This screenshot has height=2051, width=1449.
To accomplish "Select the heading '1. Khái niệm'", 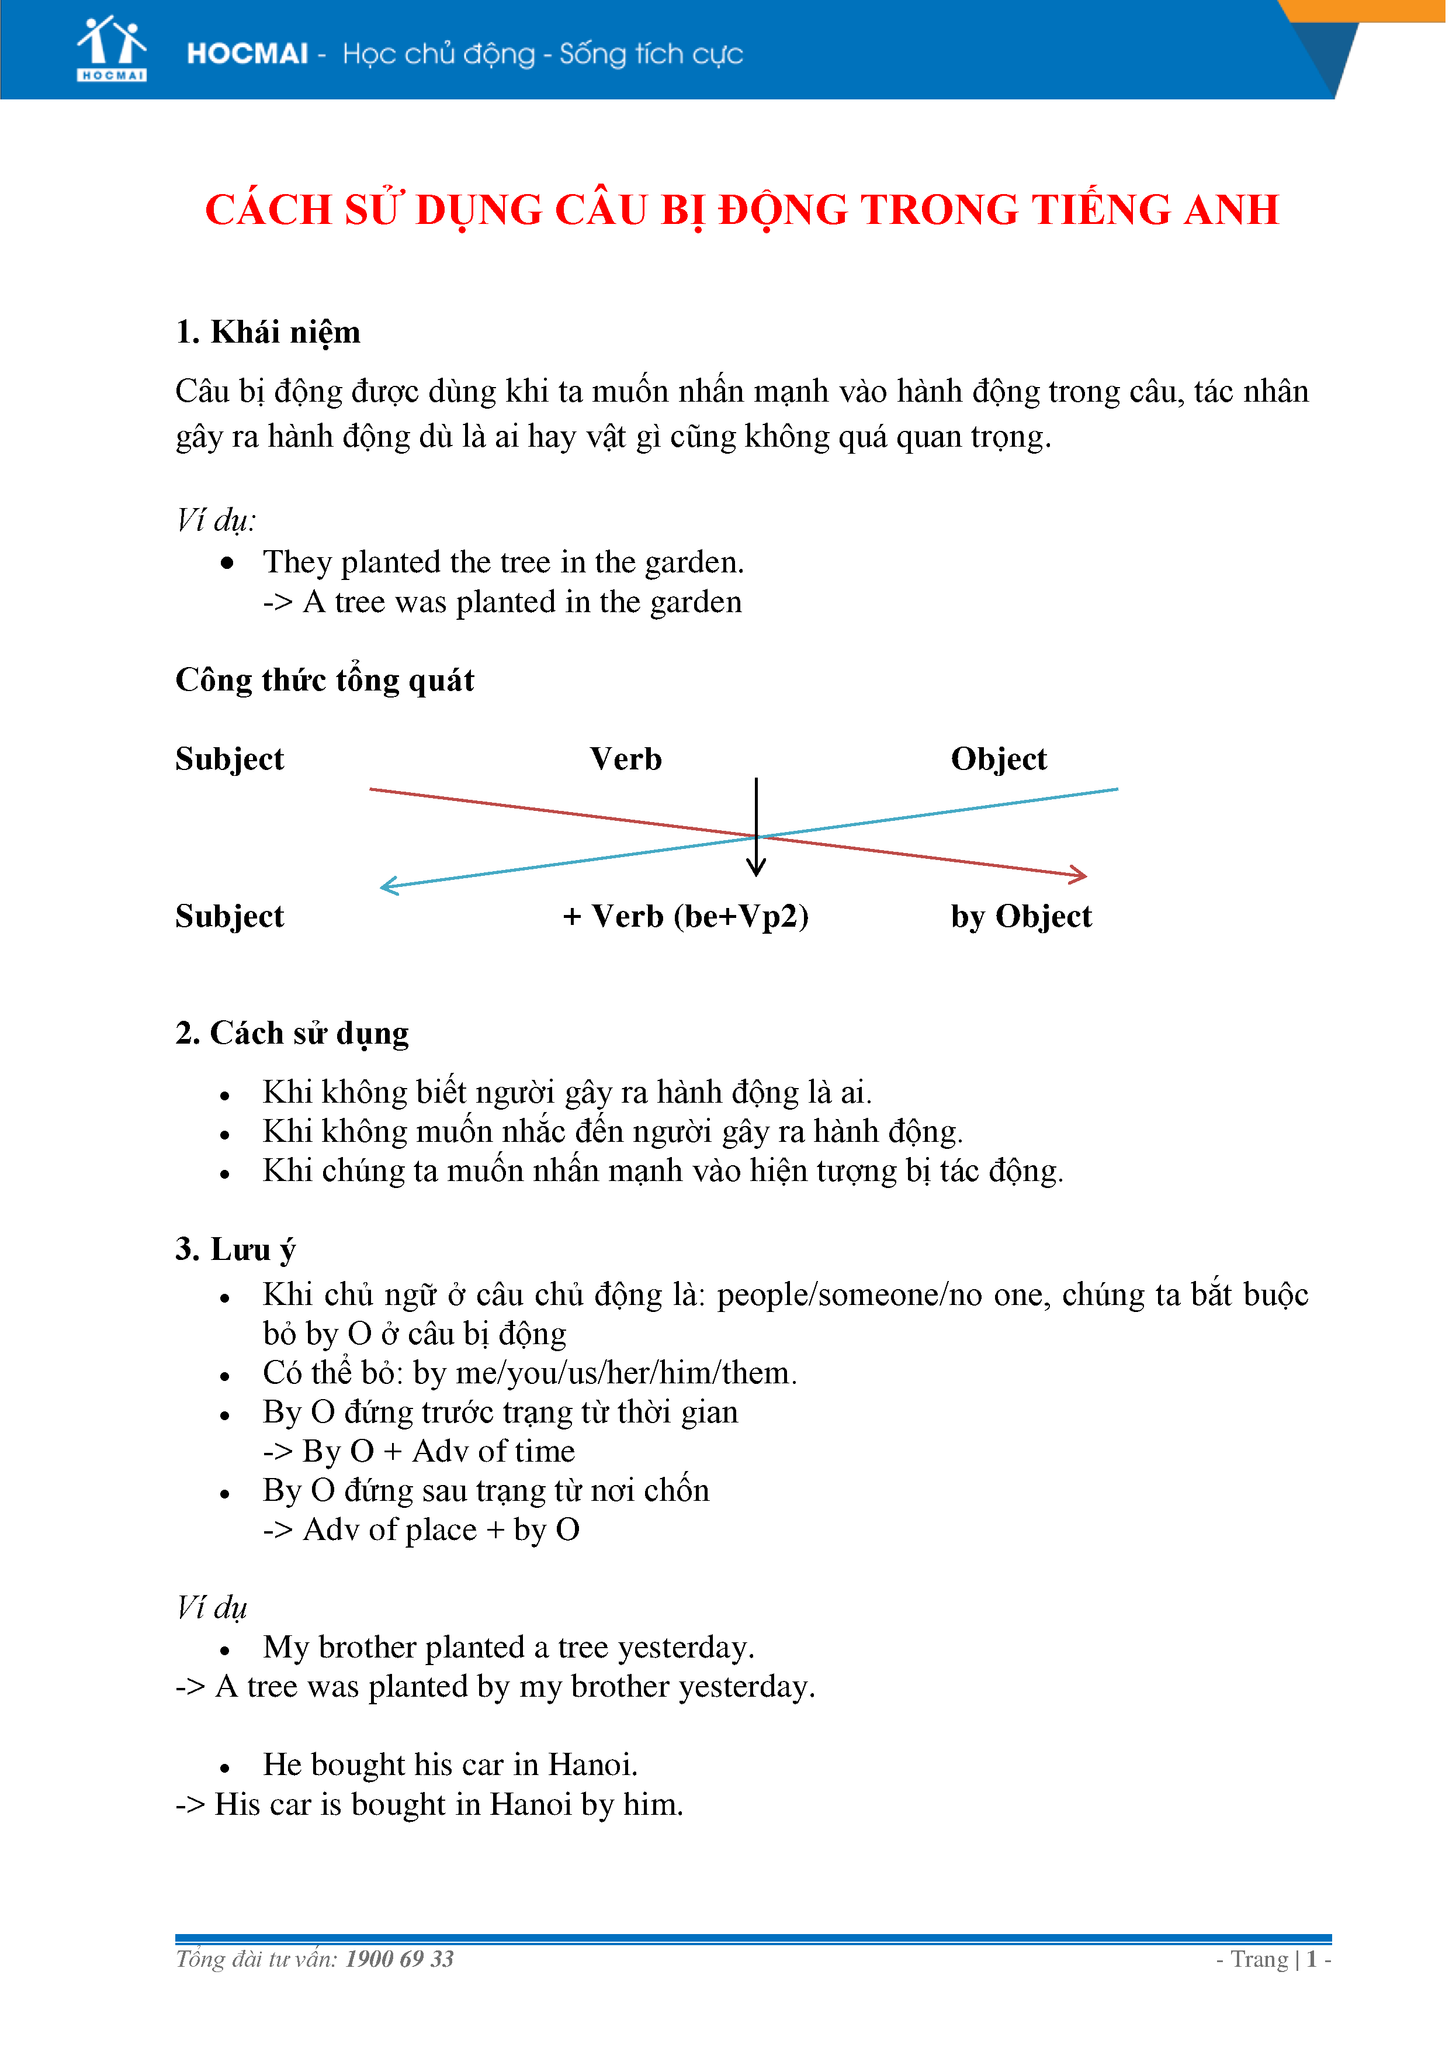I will pos(268,332).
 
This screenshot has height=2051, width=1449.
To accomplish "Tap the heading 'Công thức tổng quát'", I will pos(325,681).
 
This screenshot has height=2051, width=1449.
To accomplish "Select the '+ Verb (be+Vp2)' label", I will pos(687,917).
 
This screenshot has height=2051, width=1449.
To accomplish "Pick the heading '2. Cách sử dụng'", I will pos(292,1034).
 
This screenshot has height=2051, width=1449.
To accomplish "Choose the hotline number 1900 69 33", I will pos(400,1960).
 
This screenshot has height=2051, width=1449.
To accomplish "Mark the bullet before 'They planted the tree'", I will pos(228,564).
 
